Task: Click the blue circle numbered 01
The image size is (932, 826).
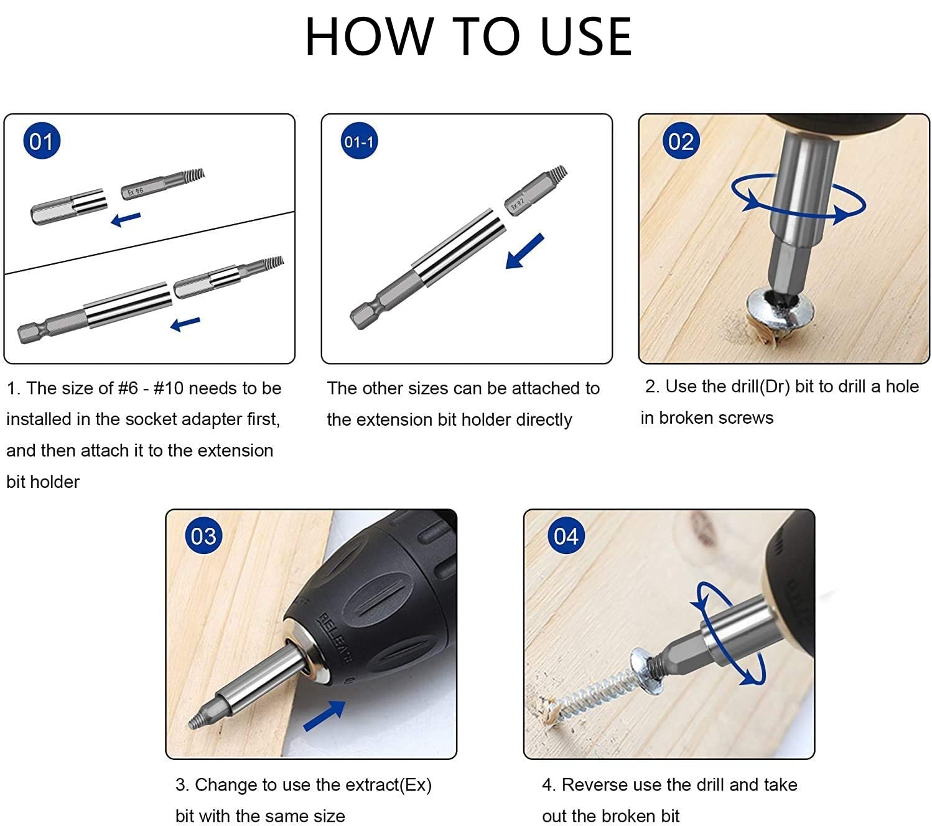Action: (x=42, y=141)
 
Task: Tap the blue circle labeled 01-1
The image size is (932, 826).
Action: (x=359, y=141)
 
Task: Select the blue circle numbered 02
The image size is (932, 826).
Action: (x=681, y=141)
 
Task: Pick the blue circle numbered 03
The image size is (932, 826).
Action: (x=203, y=536)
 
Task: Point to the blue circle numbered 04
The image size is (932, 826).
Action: (x=566, y=536)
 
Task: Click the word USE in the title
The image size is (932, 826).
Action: (x=586, y=37)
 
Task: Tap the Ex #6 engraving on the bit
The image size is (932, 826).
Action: (x=136, y=190)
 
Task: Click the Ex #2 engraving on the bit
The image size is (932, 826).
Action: (x=518, y=204)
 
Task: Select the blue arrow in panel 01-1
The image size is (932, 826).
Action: (x=524, y=251)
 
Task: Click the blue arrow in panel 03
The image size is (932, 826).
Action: (x=324, y=716)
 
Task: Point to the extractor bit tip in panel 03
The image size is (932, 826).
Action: (x=192, y=724)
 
